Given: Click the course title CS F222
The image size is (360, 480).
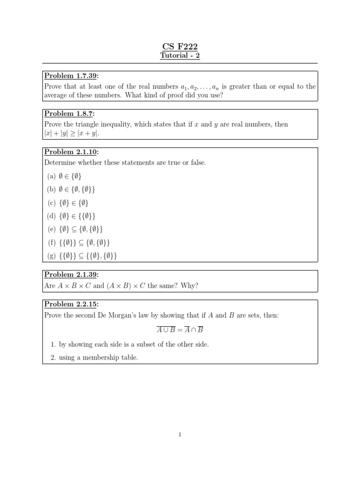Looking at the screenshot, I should (x=180, y=46).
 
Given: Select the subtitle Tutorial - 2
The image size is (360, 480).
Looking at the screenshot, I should (x=180, y=56).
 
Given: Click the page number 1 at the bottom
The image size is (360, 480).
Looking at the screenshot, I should (x=180, y=435).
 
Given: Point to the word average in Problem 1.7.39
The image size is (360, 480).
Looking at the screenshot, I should (x=57, y=96).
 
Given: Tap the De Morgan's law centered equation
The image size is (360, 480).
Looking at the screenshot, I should (x=180, y=330).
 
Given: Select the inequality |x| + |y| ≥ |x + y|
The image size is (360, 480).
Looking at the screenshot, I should (x=72, y=134).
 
